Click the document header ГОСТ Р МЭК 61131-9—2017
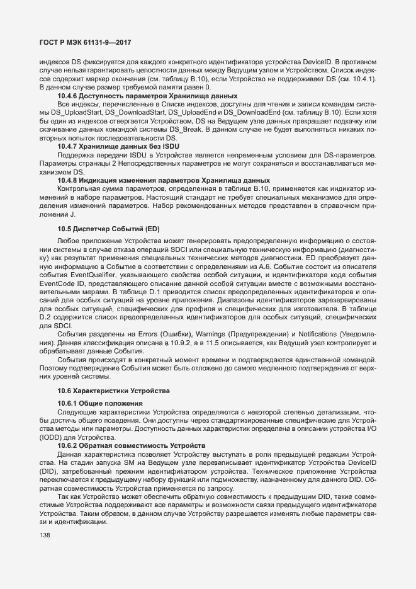[x=85, y=42]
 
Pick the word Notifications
[x=329, y=333]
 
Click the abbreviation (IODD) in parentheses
[x=53, y=437]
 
